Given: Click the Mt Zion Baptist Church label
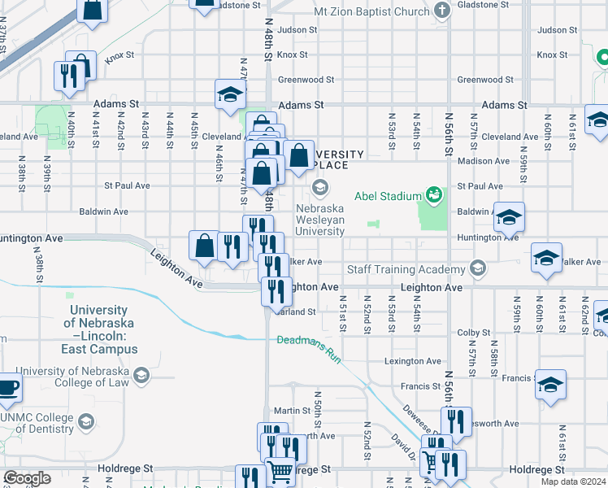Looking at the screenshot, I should click(371, 11).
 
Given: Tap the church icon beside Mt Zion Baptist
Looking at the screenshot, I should click(442, 11).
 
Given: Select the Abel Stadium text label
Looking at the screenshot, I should click(387, 196).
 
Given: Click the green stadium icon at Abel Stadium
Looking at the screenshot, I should click(434, 195).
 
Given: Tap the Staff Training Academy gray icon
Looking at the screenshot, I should click(478, 269).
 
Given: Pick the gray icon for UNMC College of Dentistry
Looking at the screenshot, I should click(85, 421).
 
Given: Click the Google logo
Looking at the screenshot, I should click(27, 478).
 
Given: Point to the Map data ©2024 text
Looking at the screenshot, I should click(573, 481).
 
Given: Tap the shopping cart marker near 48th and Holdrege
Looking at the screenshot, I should click(280, 470).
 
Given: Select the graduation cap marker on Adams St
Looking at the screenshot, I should click(230, 95).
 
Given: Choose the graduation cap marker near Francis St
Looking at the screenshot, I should click(550, 385).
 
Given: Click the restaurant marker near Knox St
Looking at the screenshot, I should click(68, 76).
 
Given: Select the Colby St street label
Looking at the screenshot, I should click(469, 333).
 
